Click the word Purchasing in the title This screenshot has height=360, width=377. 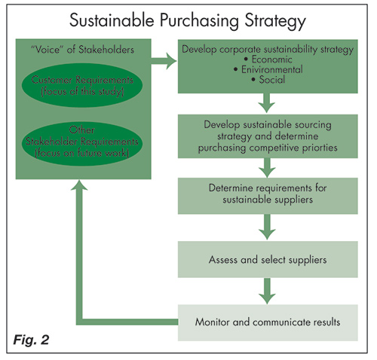[x=199, y=21]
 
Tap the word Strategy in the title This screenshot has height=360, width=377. [x=275, y=21]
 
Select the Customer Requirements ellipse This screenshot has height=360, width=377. [x=82, y=85]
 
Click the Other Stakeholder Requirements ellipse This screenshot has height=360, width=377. [x=82, y=144]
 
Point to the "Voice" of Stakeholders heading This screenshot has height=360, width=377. [x=82, y=50]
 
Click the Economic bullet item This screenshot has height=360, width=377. [x=268, y=59]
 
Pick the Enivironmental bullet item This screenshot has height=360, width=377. [x=268, y=69]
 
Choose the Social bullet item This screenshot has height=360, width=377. [x=268, y=80]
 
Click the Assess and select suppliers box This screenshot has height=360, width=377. [x=268, y=259]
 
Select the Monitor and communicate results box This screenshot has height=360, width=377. [x=268, y=322]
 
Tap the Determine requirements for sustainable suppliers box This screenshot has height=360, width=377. [x=268, y=196]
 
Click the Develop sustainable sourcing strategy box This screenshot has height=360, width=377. [x=268, y=136]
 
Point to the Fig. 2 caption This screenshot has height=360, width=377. [x=31, y=340]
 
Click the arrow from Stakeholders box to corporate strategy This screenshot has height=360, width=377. [x=164, y=61]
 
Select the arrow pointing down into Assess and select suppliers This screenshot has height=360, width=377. [x=267, y=227]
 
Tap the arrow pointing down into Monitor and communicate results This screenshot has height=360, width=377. [x=267, y=291]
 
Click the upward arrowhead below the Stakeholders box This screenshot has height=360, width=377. [x=79, y=185]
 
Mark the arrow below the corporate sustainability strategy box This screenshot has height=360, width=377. [x=267, y=103]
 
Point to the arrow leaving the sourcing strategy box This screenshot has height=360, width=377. [x=267, y=168]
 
